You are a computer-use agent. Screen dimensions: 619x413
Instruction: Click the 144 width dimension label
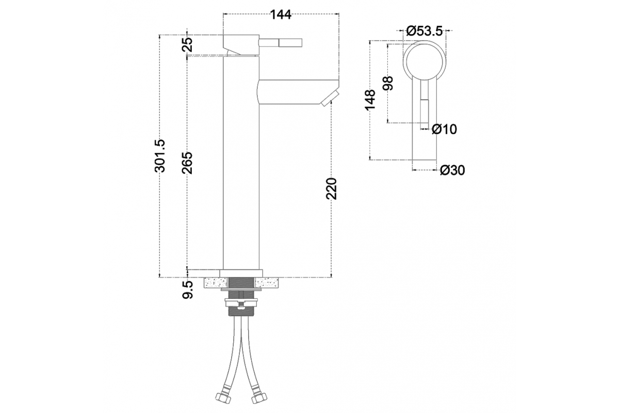point(281,14)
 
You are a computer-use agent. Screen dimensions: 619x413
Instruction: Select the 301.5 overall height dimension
point(160,156)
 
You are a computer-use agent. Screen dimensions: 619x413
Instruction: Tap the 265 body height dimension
point(187,163)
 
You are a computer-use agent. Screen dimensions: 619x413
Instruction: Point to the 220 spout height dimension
point(331,189)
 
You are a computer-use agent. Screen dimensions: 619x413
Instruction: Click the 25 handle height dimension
point(187,44)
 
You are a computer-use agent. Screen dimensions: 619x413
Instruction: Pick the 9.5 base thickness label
point(187,290)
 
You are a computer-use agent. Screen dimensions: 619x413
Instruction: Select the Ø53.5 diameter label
point(425,31)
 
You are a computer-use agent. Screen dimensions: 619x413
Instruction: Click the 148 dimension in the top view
point(370,100)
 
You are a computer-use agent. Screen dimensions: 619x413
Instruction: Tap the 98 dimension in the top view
point(388,83)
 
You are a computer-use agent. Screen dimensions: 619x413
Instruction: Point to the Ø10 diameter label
point(444,129)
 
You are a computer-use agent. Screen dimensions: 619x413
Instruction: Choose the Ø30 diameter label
point(452,170)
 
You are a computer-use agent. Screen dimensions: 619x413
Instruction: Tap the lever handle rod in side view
point(281,43)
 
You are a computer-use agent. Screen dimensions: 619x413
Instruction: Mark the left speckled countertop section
point(216,283)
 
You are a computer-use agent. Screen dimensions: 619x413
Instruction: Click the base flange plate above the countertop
point(241,273)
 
